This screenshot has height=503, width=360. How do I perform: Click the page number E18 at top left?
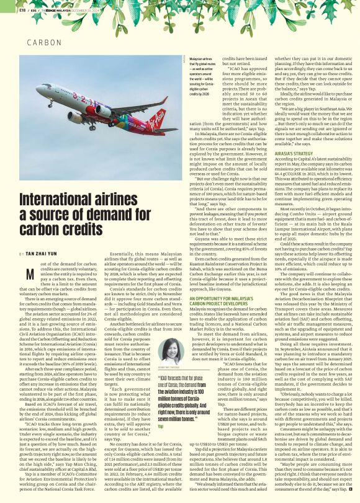coord(23,10)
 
